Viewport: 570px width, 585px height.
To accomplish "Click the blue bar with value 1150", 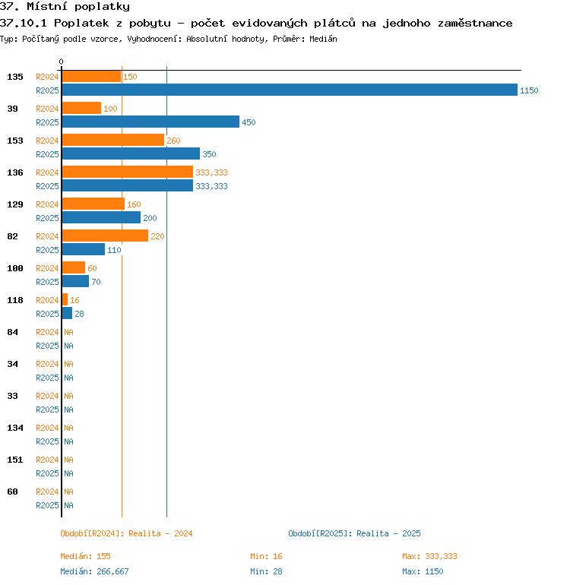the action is click(x=290, y=90).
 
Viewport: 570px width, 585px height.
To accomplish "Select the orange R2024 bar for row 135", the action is click(x=91, y=76).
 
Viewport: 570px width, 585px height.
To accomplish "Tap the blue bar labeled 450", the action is click(x=150, y=122).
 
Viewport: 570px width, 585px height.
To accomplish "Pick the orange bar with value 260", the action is click(x=113, y=140).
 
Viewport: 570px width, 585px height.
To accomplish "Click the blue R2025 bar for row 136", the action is click(x=128, y=185).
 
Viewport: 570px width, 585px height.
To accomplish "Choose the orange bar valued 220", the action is click(x=106, y=236).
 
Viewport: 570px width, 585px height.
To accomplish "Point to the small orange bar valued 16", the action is click(x=65, y=299).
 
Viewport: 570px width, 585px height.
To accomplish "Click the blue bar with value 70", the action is click(x=75, y=281).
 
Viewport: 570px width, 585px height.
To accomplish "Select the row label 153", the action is click(x=15, y=141).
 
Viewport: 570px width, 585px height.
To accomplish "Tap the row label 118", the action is click(x=15, y=300).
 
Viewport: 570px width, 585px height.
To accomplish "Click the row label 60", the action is click(x=12, y=492).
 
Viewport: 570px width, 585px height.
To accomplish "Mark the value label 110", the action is click(x=114, y=250).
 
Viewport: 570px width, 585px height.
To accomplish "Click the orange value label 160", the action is click(x=134, y=204).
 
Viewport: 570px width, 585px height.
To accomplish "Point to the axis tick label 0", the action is click(x=62, y=62).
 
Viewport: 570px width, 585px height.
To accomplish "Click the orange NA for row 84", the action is click(x=68, y=332).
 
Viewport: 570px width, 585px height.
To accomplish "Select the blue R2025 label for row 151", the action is click(x=47, y=473).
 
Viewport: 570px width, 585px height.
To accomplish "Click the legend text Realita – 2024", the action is click(x=160, y=533).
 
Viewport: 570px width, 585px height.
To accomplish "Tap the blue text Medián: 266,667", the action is click(x=94, y=571).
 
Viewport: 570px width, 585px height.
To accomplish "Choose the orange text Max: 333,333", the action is click(x=429, y=556).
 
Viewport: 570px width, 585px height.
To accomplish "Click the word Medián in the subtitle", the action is click(x=323, y=39).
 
